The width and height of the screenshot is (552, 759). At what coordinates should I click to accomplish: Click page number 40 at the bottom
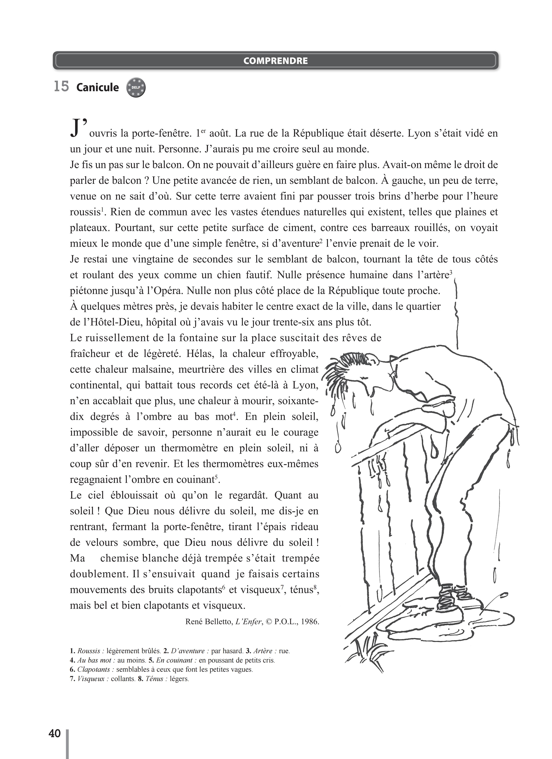tap(54, 733)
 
